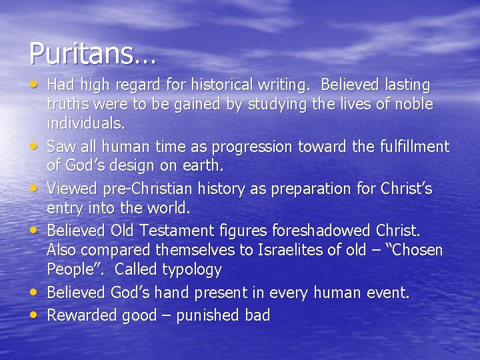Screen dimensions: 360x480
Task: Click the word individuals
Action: pos(85,124)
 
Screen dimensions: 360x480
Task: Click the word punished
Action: pos(202,315)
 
